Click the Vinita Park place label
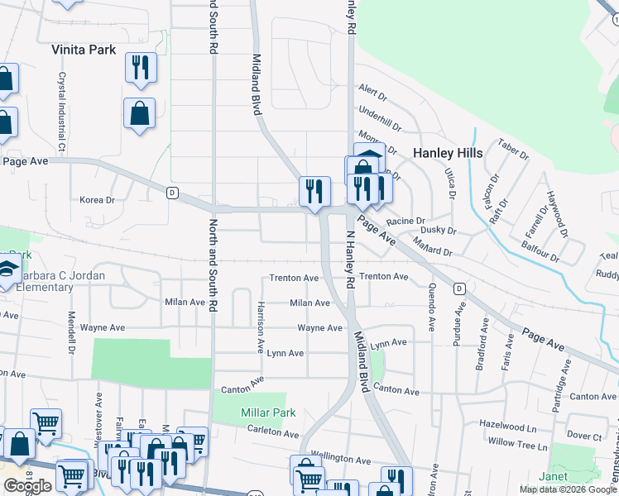click(x=84, y=50)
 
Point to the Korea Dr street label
click(x=97, y=200)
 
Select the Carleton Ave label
click(x=273, y=433)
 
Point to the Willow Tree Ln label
click(x=517, y=446)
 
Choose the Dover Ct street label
click(x=584, y=436)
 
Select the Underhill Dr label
click(x=379, y=110)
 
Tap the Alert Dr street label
click(x=373, y=88)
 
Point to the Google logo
click(x=27, y=486)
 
